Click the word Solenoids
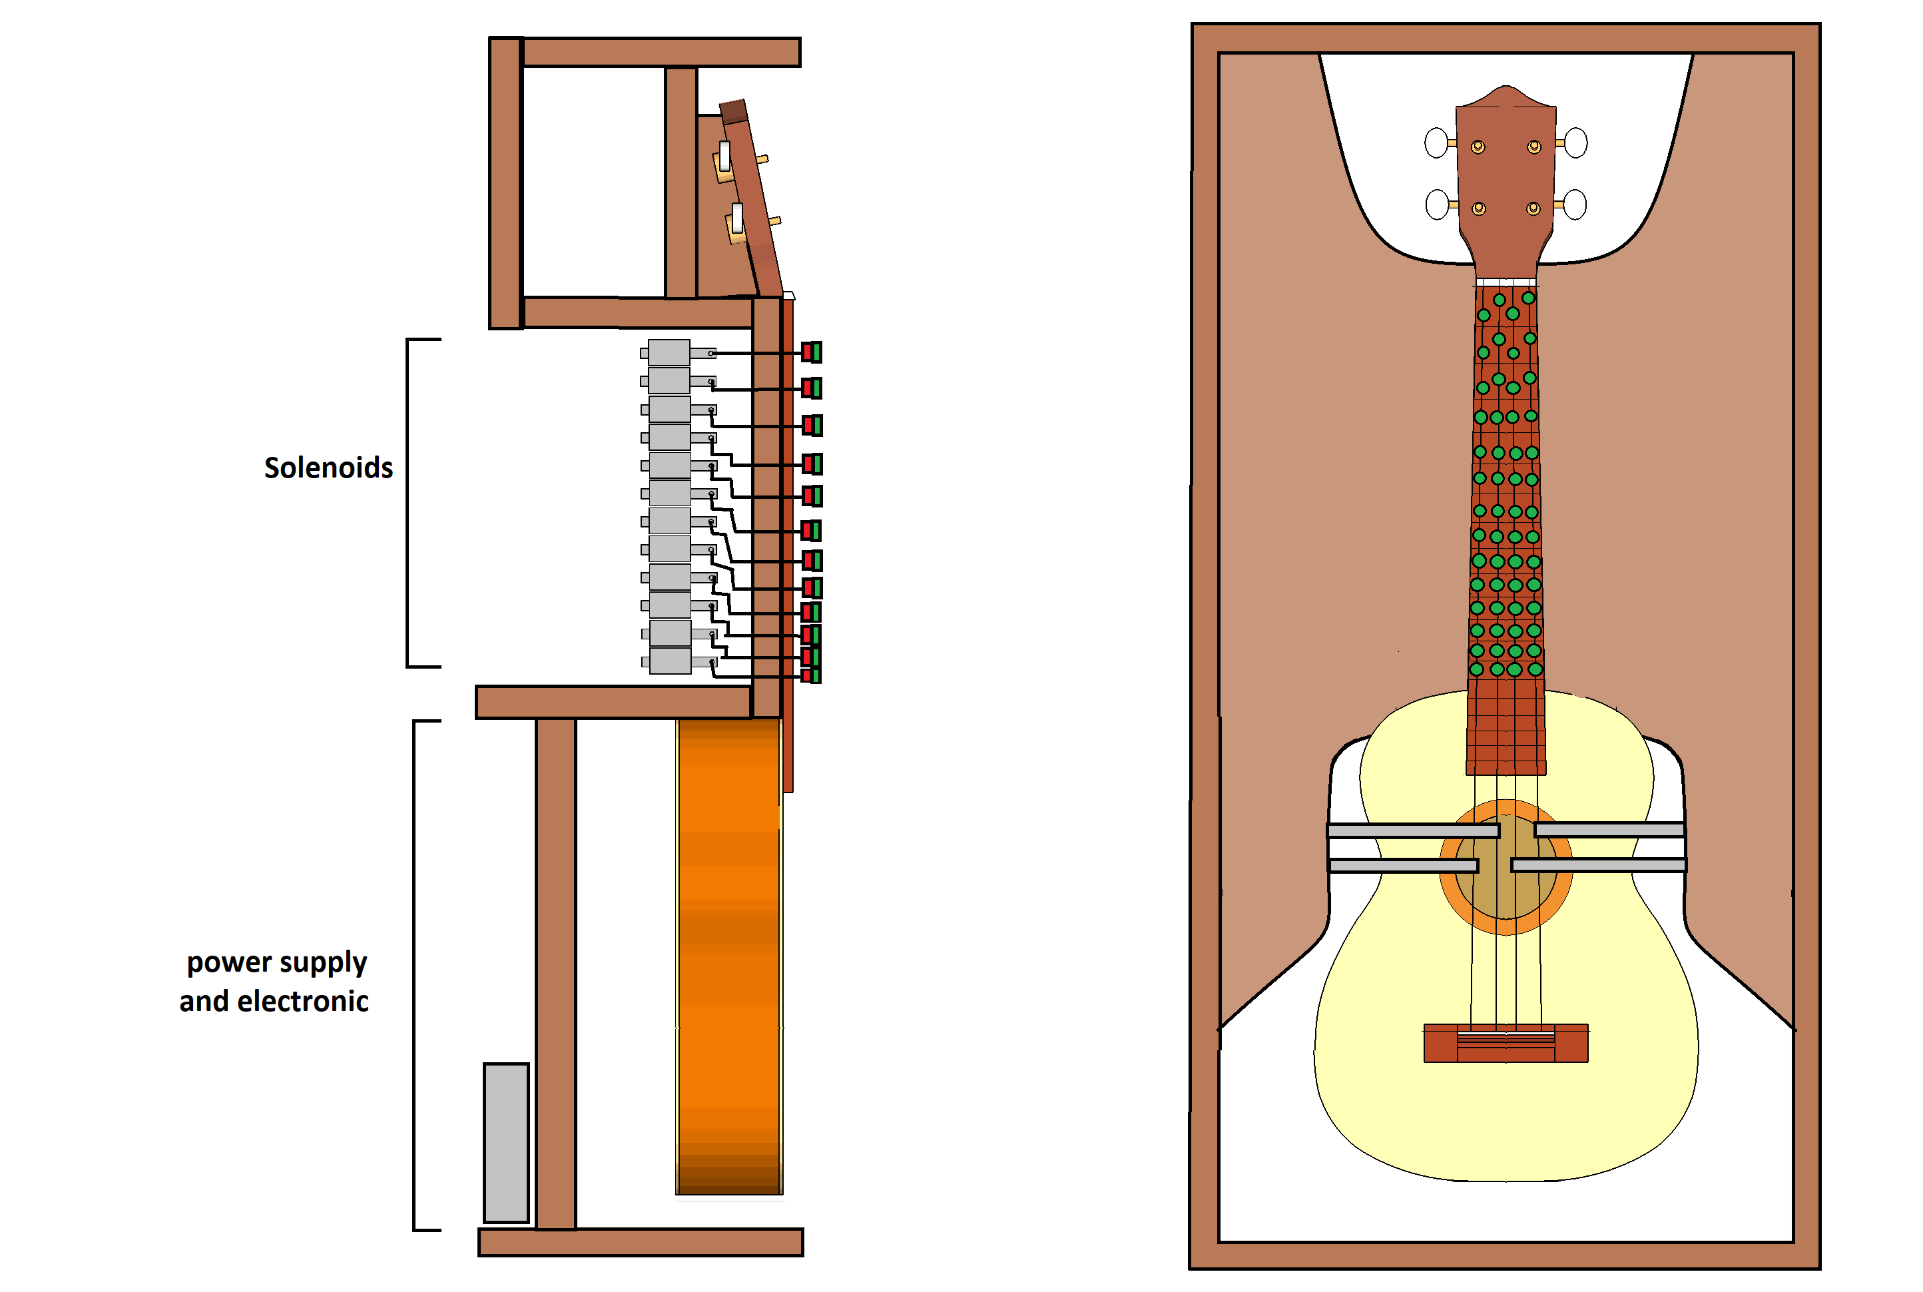[x=328, y=468]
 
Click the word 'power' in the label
[x=229, y=962]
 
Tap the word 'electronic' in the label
[x=302, y=1001]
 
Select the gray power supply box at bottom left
[x=506, y=1142]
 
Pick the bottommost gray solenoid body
[x=670, y=661]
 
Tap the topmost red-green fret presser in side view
[x=812, y=353]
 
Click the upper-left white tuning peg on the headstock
[x=1436, y=143]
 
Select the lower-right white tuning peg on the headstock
[x=1575, y=204]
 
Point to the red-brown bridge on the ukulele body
[x=1506, y=1043]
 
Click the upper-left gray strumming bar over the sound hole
[x=1412, y=830]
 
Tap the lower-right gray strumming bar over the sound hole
[x=1598, y=865]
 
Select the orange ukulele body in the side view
[x=728, y=956]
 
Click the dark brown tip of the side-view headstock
[x=732, y=111]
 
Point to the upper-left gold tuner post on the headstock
[x=1478, y=147]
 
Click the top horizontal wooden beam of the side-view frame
[x=661, y=52]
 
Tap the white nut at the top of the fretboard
[x=1506, y=282]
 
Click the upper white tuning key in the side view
[x=724, y=156]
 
